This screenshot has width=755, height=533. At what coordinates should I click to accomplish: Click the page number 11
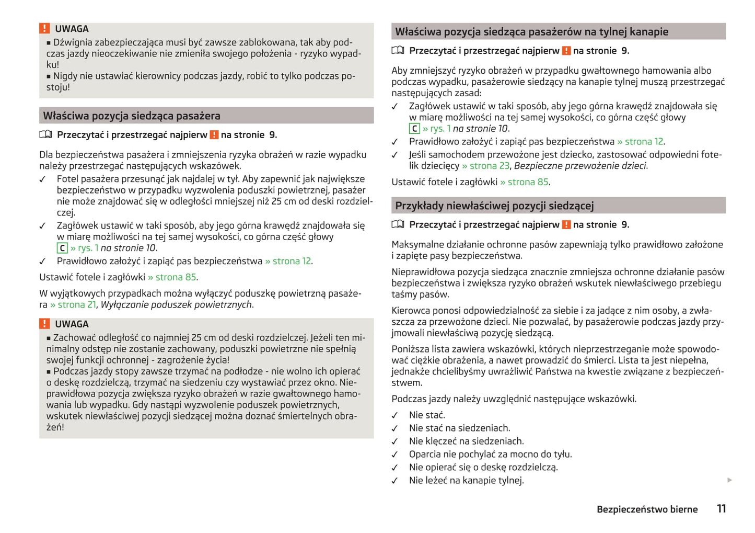(x=721, y=508)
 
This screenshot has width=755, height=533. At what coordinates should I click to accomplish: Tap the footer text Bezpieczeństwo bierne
(x=647, y=509)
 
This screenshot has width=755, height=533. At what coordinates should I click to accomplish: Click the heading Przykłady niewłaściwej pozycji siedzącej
(x=494, y=206)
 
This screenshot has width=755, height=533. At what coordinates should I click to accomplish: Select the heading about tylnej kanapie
(x=531, y=32)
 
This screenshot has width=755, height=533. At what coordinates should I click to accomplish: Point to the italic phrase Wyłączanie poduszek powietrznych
(x=176, y=304)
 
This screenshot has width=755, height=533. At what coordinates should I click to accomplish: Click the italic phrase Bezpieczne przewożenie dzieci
(x=580, y=166)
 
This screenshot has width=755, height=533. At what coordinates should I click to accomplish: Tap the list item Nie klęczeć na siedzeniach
(x=466, y=441)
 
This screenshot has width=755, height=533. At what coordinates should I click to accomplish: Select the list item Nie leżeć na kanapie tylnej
(x=466, y=480)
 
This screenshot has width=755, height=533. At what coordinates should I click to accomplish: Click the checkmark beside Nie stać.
(x=395, y=415)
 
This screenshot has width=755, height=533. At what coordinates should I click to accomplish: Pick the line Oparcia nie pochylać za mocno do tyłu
(x=490, y=454)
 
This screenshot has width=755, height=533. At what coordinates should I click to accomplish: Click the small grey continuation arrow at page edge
(x=729, y=480)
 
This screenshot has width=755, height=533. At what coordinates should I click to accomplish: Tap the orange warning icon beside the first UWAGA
(x=44, y=29)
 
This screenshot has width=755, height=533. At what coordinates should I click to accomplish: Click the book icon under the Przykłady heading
(x=398, y=224)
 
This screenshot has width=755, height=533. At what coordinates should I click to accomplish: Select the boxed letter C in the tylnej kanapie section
(x=414, y=129)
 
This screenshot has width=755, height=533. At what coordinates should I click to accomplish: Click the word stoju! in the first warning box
(x=58, y=87)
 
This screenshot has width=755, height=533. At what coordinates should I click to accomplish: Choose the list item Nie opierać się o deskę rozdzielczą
(x=483, y=467)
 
